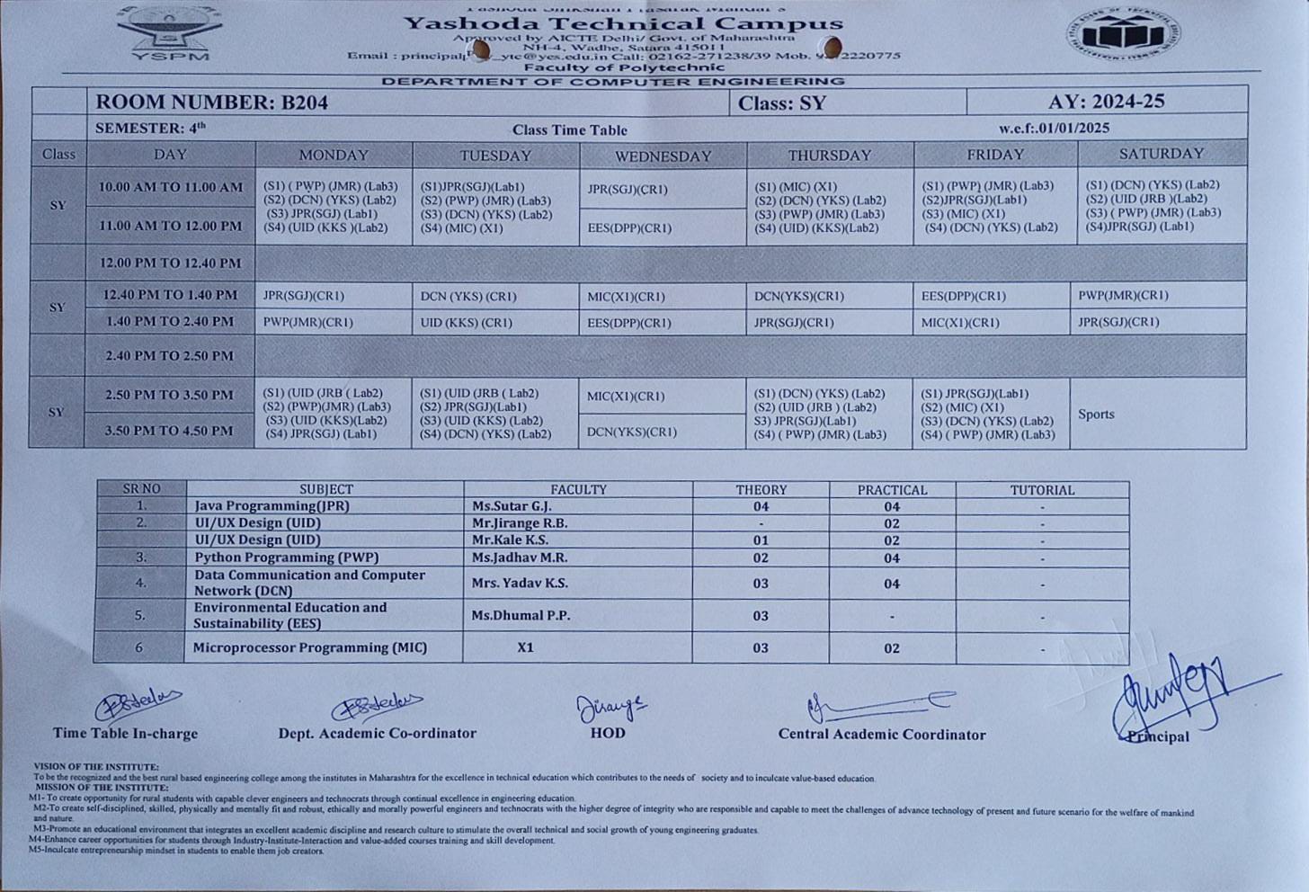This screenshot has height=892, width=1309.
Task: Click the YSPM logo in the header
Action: (170, 32)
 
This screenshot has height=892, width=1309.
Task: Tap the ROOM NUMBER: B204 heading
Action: (212, 102)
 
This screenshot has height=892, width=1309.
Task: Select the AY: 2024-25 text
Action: (1106, 101)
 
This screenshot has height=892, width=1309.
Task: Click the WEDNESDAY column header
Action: (663, 156)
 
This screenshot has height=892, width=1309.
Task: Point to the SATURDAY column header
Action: (1162, 154)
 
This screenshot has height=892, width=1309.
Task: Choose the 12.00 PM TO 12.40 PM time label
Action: (170, 263)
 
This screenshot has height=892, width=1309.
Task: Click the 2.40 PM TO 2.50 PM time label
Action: (169, 356)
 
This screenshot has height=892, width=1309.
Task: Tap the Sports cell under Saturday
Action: (1096, 415)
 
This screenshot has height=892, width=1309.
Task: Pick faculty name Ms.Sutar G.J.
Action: (512, 506)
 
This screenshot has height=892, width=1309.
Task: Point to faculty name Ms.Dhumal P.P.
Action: (521, 615)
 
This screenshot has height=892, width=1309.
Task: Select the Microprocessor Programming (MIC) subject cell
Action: (310, 647)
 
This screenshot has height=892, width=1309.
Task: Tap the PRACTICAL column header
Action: (891, 490)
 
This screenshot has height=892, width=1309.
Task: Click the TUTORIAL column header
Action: (1042, 490)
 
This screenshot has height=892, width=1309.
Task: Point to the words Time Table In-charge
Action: (125, 733)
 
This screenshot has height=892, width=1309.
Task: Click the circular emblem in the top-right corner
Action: (1123, 35)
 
